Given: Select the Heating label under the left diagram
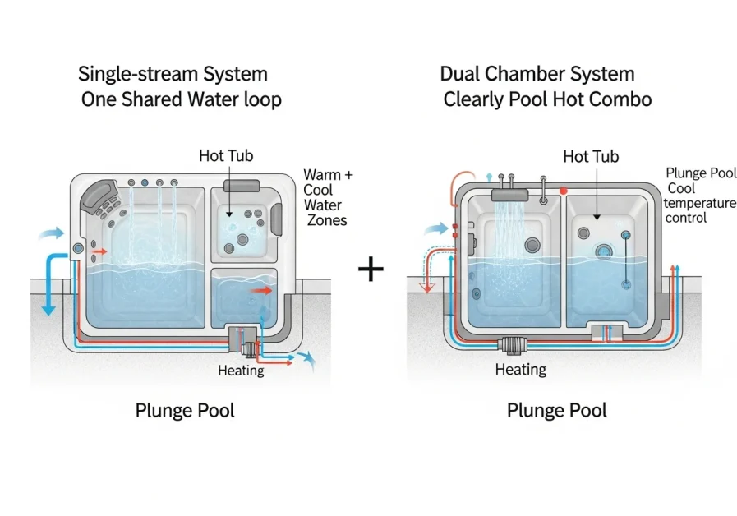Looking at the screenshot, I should point(241,371).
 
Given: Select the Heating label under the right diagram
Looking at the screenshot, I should point(520,370).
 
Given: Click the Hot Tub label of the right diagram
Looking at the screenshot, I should point(591,156).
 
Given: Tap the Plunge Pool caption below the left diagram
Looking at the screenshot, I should point(185,410).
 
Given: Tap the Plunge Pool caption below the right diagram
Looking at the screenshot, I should point(557,410).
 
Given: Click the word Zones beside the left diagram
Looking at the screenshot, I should point(327,220).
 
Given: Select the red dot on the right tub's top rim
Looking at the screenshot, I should point(564,191).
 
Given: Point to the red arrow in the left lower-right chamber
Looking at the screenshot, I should point(262,290).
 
